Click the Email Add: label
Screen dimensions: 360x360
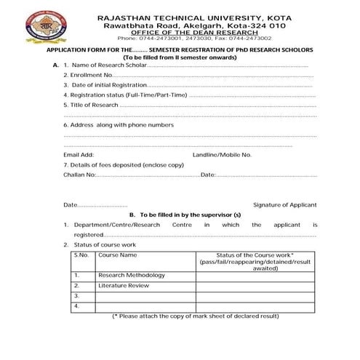tap(79, 155)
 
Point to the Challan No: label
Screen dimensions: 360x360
tap(79, 175)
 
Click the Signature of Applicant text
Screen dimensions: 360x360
tap(284, 205)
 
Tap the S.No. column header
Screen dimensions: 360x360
tap(81, 255)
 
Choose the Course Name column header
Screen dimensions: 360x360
tap(118, 255)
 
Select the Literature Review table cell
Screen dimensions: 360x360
tap(124, 287)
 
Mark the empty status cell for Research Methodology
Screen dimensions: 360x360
tap(256, 276)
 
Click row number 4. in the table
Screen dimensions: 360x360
tap(76, 307)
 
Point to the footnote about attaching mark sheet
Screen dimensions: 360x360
tap(195, 317)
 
